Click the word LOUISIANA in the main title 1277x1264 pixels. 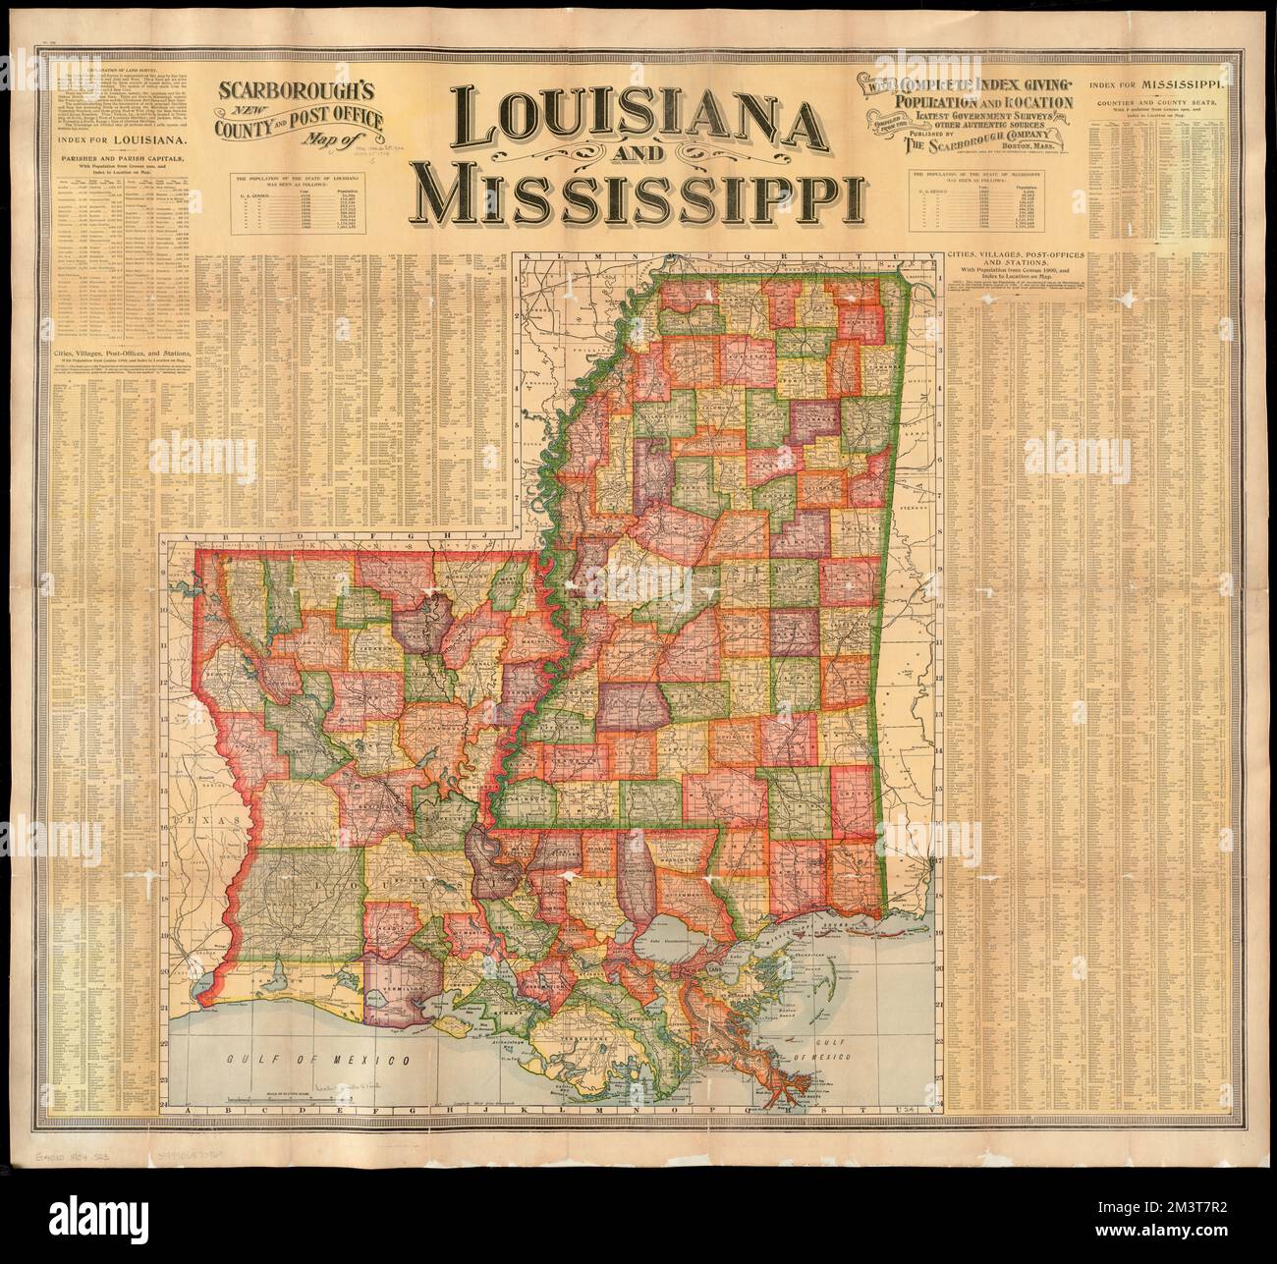[648, 119]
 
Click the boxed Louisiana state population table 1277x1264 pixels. [301, 204]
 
